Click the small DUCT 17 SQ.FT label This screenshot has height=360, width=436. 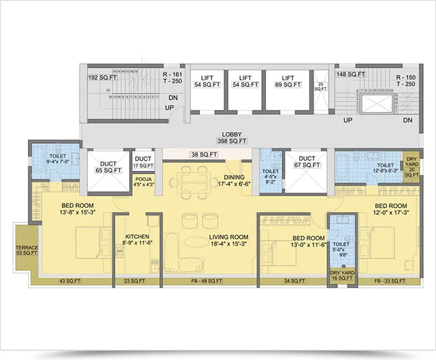click(143, 162)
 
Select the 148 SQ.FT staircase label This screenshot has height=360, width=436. click(351, 74)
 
